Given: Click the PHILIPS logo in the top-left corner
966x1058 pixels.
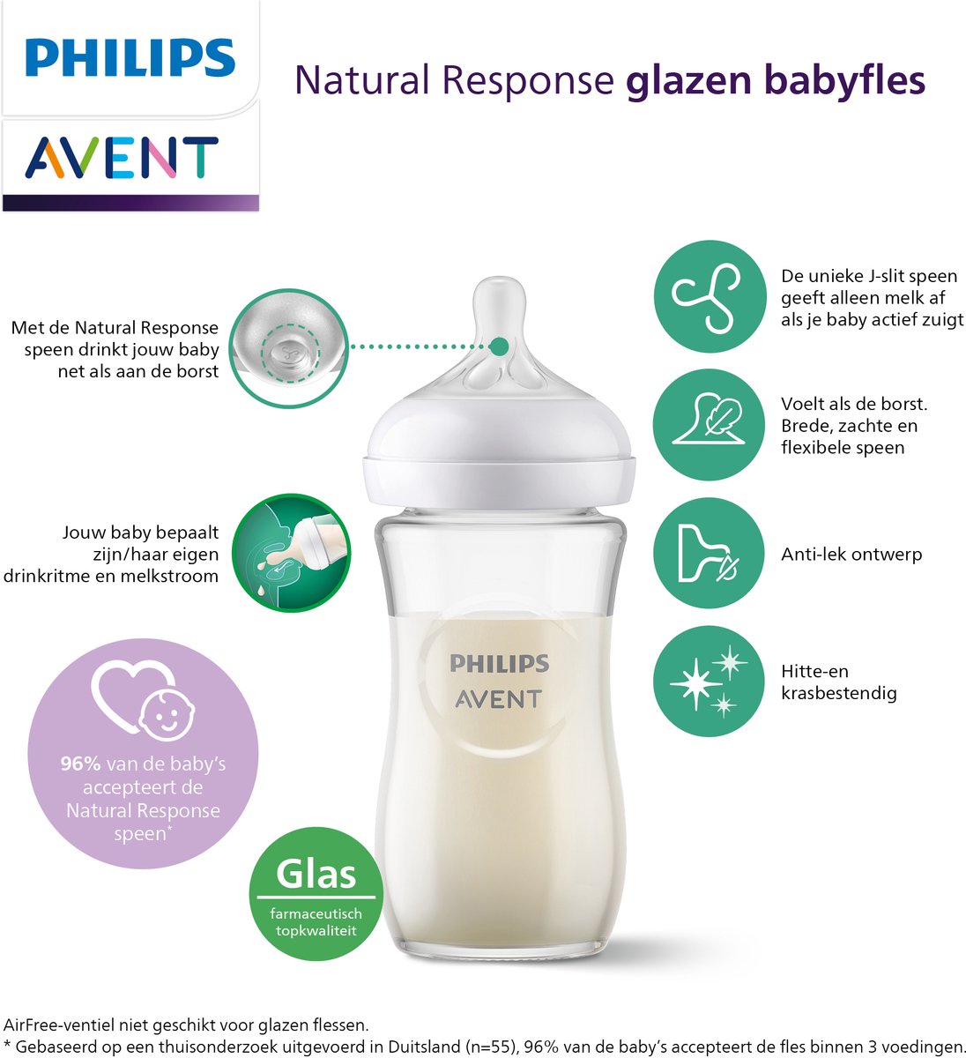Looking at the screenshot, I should click(x=130, y=57).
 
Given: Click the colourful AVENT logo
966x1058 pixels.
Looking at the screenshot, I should click(x=122, y=159).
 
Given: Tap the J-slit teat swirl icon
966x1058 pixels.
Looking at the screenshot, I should click(x=709, y=296).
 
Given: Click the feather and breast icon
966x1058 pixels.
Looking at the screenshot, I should click(x=709, y=424).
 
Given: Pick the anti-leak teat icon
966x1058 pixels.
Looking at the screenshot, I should click(x=709, y=554).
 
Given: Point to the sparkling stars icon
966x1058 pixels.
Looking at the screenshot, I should click(x=709, y=681).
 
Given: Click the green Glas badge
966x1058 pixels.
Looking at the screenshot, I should click(x=316, y=888).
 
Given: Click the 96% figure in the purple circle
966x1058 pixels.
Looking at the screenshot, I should click(x=80, y=764).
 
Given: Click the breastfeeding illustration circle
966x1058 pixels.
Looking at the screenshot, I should click(x=292, y=553).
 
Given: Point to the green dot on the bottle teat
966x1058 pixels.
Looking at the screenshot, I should click(x=499, y=346).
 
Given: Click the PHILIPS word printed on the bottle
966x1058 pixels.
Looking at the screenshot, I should click(x=499, y=664).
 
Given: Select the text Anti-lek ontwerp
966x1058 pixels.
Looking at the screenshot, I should click(x=851, y=555).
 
